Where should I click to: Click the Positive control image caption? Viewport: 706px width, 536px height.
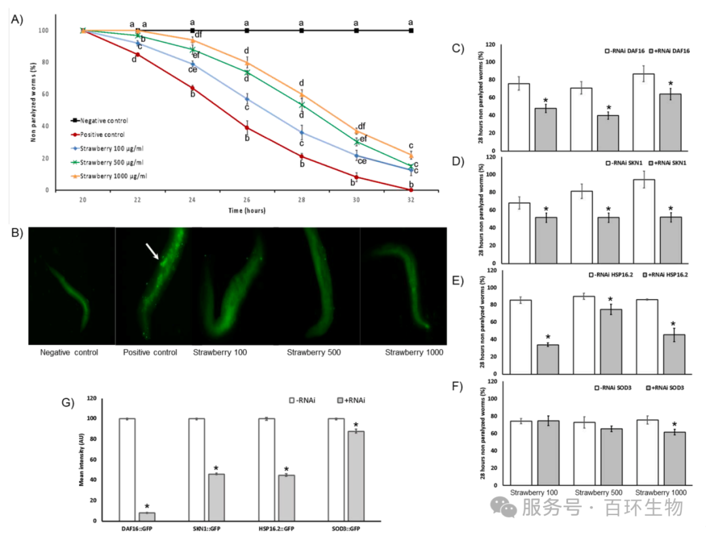coord(150,353)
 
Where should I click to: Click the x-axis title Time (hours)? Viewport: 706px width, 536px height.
coord(246,211)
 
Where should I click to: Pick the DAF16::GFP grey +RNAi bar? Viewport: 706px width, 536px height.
coord(146,516)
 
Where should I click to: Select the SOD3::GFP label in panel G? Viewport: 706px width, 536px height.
coord(346,527)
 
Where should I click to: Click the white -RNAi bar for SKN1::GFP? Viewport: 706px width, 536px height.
coord(197,469)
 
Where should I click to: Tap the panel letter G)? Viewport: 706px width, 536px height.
coord(67,403)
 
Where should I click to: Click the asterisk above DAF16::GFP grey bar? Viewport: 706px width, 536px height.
coord(147,507)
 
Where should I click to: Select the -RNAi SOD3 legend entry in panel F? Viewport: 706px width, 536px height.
coord(614,388)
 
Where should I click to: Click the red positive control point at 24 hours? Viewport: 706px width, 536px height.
coord(192,87)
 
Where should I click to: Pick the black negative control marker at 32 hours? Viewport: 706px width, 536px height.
coord(411,31)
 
